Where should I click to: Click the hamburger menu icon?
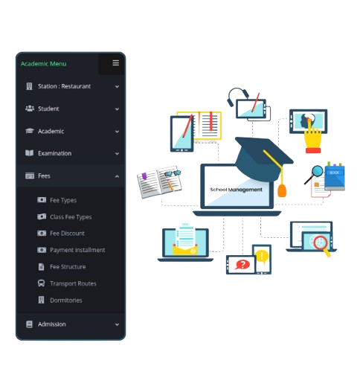pyautogui.click(x=115, y=63)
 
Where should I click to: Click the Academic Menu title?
pyautogui.click(x=44, y=64)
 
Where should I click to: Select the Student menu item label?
pyautogui.click(x=48, y=109)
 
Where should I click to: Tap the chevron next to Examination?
pyautogui.click(x=117, y=154)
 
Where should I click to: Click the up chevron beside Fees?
pyautogui.click(x=117, y=176)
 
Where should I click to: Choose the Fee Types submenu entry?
pyautogui.click(x=63, y=200)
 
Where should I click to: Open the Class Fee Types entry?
pyautogui.click(x=71, y=217)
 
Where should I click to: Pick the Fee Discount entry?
pyautogui.click(x=67, y=234)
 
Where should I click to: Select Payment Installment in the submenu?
pyautogui.click(x=77, y=250)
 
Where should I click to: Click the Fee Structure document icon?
pyautogui.click(x=41, y=267)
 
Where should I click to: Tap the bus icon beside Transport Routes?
pyautogui.click(x=41, y=283)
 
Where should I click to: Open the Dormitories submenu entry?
pyautogui.click(x=66, y=300)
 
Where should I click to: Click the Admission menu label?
pyautogui.click(x=52, y=324)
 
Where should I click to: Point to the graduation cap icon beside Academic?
pyautogui.click(x=30, y=131)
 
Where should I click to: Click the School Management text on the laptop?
pyautogui.click(x=236, y=190)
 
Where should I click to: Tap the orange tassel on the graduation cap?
pyautogui.click(x=282, y=190)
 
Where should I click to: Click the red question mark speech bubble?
pyautogui.click(x=242, y=265)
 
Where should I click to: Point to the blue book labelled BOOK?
pyautogui.click(x=335, y=176)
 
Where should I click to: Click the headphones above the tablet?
pyautogui.click(x=237, y=96)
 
